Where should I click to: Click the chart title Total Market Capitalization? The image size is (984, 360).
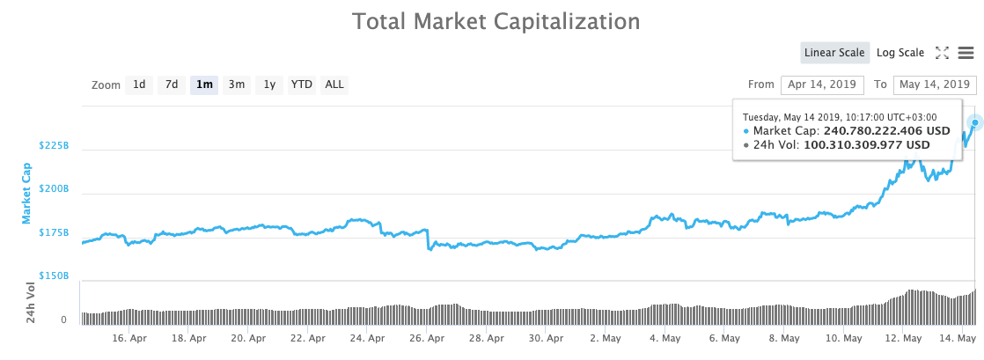pyautogui.click(x=496, y=20)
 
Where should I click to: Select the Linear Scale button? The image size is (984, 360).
pyautogui.click(x=834, y=53)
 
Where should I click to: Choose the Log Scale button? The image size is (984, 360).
pyautogui.click(x=900, y=53)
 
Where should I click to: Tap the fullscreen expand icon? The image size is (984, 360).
pyautogui.click(x=942, y=53)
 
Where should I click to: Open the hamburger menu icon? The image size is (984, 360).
pyautogui.click(x=966, y=53)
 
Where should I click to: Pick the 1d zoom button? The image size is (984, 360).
pyautogui.click(x=139, y=84)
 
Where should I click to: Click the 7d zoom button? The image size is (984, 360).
pyautogui.click(x=172, y=84)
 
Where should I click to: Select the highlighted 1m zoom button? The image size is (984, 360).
pyautogui.click(x=204, y=84)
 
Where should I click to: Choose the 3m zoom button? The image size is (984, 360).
pyautogui.click(x=237, y=84)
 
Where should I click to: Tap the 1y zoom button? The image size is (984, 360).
pyautogui.click(x=269, y=84)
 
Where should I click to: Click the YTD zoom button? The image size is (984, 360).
pyautogui.click(x=302, y=84)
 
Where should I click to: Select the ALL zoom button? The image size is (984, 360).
pyautogui.click(x=334, y=84)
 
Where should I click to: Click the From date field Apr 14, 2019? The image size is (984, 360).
pyautogui.click(x=819, y=84)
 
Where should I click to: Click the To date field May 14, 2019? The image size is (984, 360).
pyautogui.click(x=934, y=84)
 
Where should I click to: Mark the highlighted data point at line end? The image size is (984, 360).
pyautogui.click(x=974, y=123)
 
